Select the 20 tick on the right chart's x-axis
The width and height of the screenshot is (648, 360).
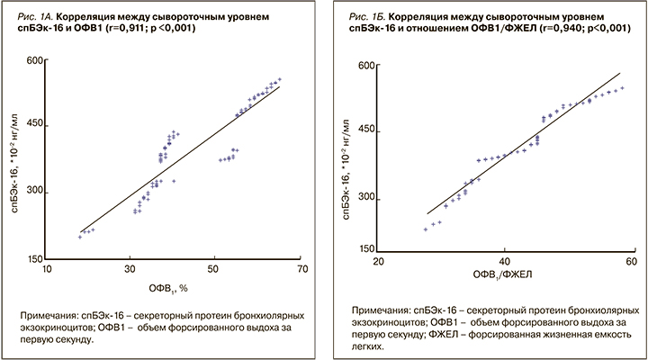[x=379, y=261]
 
